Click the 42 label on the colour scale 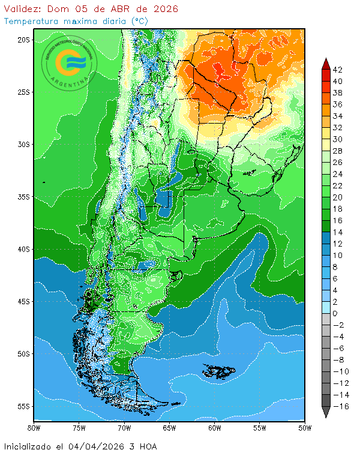(338, 70)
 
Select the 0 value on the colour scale (335, 313)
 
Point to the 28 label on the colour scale (338, 151)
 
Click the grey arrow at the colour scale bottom (325, 412)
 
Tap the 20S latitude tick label (23, 40)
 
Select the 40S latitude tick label (23, 249)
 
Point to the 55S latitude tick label (23, 406)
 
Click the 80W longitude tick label (34, 428)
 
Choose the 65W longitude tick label (169, 428)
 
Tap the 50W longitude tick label (305, 428)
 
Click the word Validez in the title (22, 9)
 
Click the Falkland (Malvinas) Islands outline (220, 371)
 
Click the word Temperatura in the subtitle (29, 20)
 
